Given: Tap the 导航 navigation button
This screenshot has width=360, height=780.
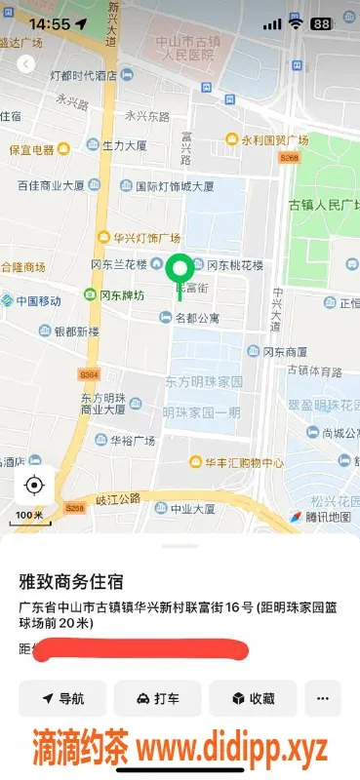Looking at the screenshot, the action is click(x=62, y=698).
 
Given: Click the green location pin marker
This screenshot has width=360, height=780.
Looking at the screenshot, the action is click(x=179, y=269).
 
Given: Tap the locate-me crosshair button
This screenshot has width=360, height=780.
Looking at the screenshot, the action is click(x=34, y=485).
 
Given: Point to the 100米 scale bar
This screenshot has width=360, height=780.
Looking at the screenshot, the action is click(x=29, y=514).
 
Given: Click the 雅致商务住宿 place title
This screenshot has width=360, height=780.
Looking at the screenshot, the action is click(x=71, y=582).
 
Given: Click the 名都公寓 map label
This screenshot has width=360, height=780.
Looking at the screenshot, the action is click(x=196, y=317).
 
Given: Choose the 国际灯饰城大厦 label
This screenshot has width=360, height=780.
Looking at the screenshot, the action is click(x=174, y=185).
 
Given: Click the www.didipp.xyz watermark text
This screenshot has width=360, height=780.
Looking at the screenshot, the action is click(x=231, y=750).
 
